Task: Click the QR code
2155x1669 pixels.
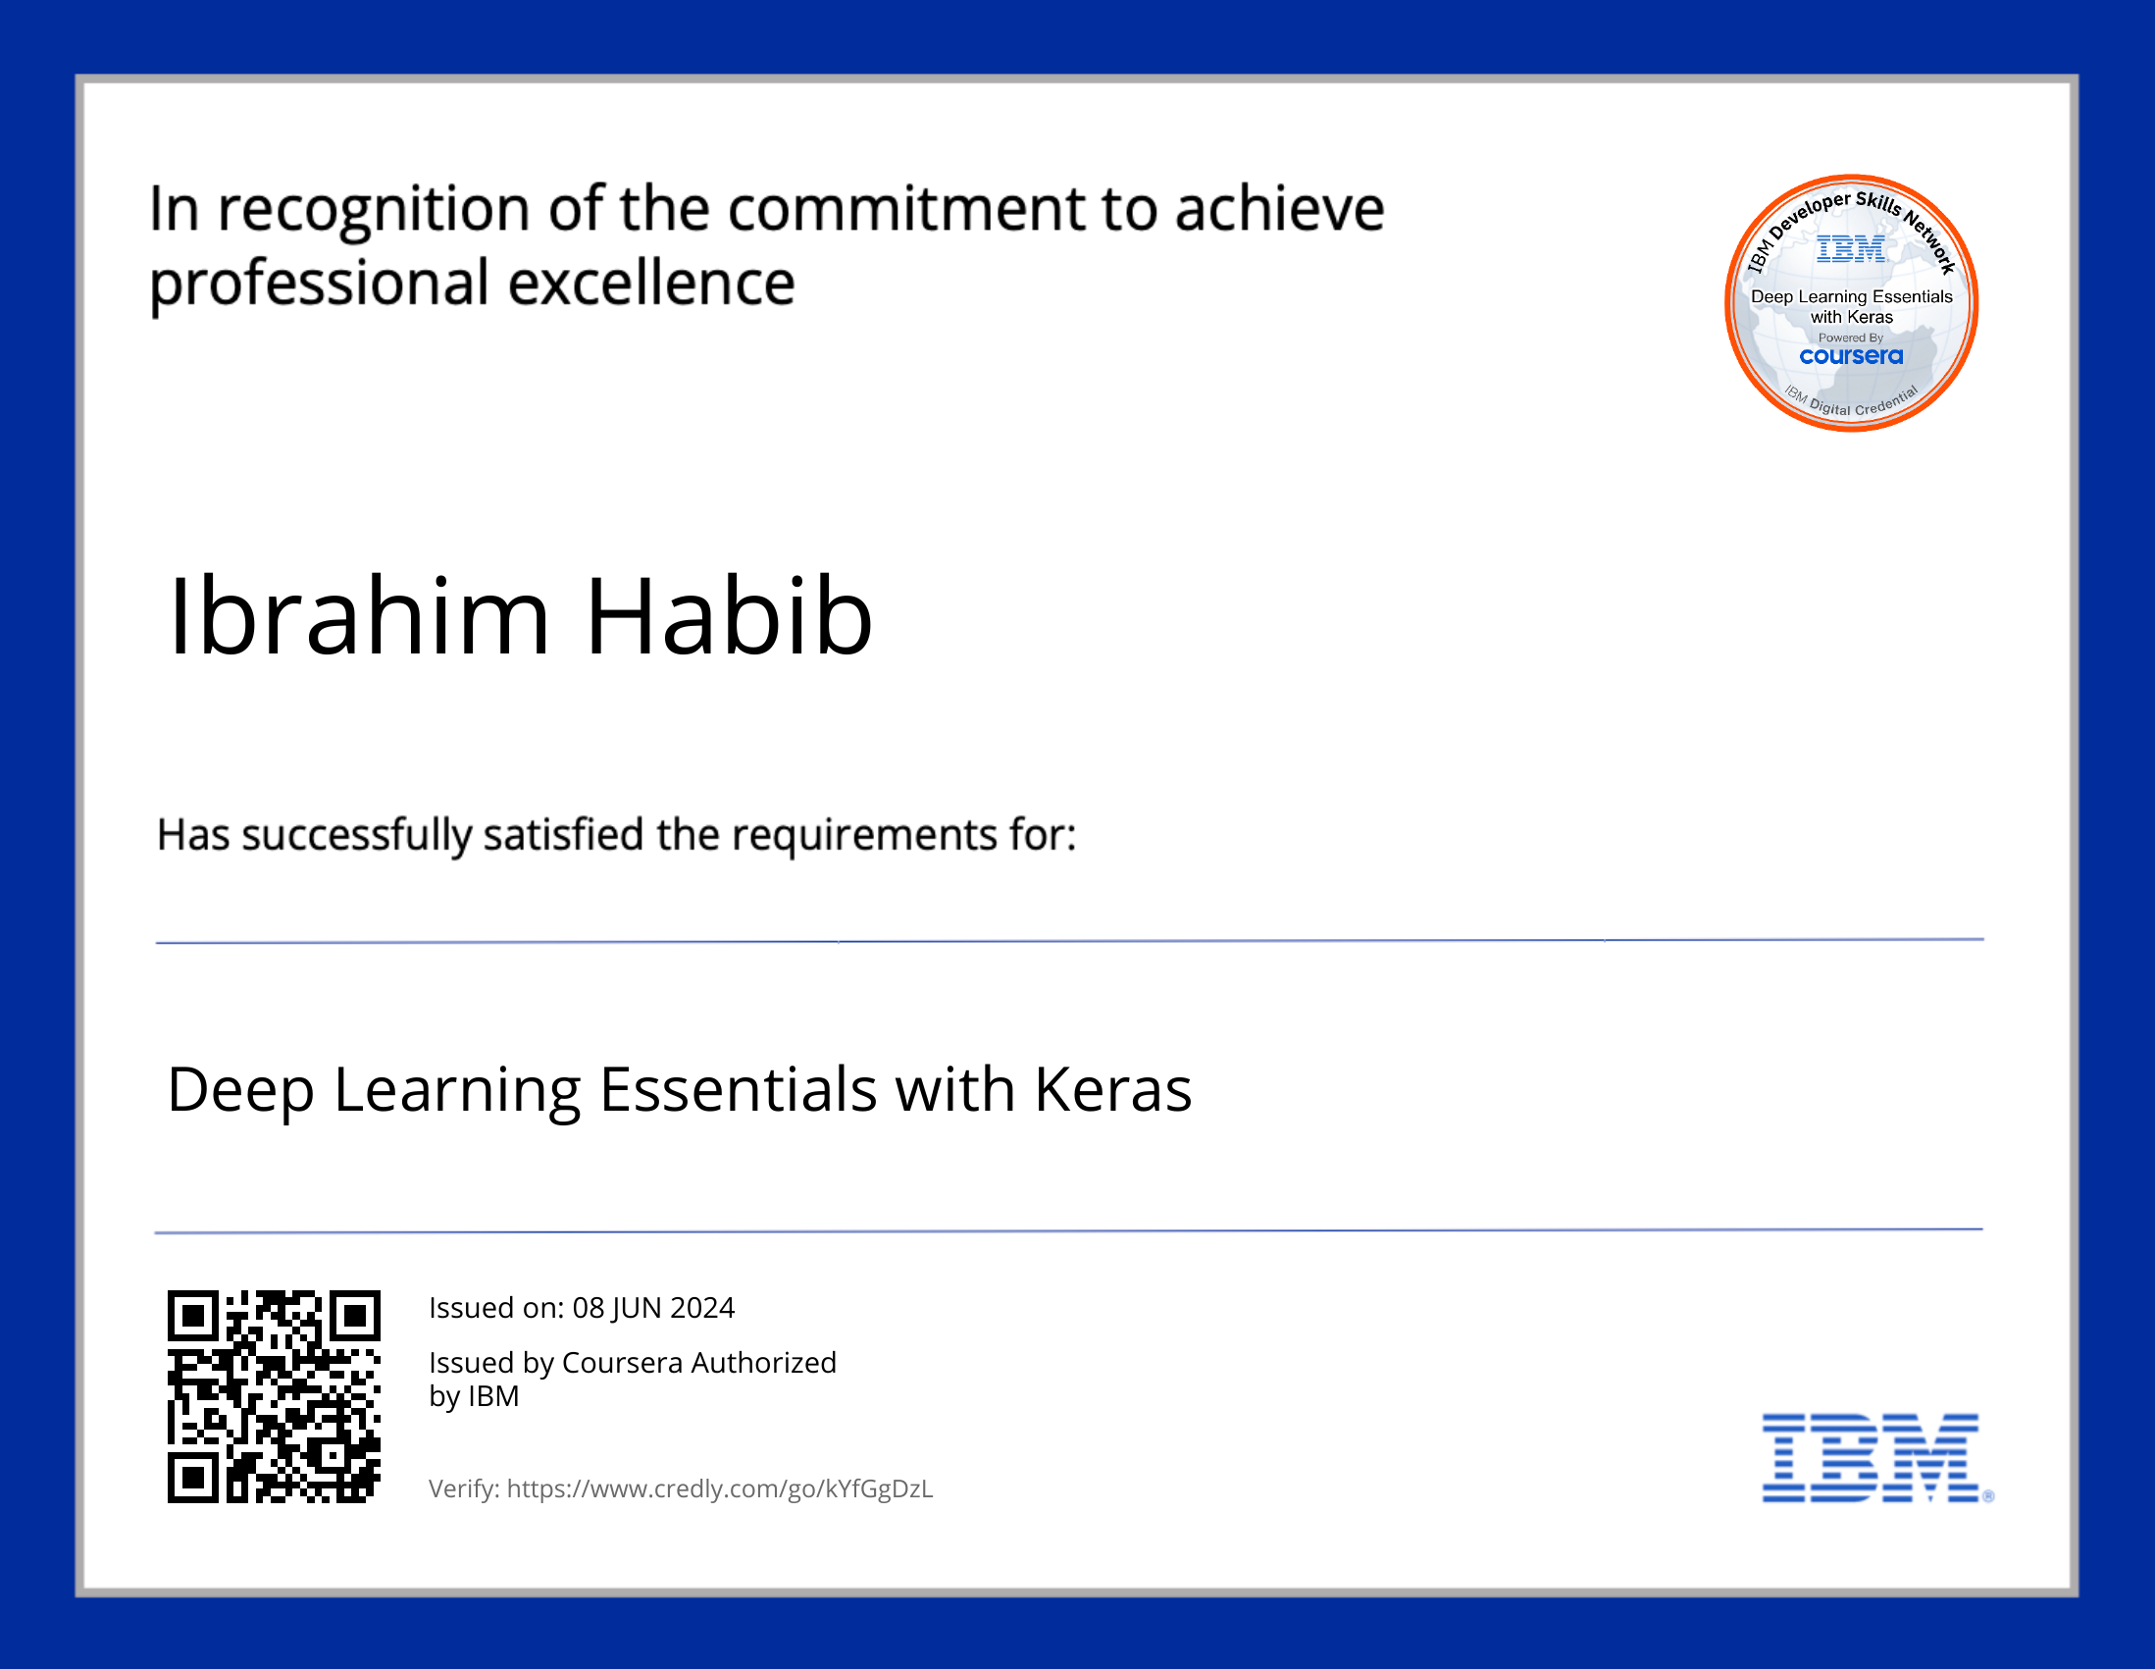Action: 274,1396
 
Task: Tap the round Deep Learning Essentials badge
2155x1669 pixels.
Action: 1851,303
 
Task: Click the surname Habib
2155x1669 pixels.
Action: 730,616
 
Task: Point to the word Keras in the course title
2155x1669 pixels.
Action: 1113,1090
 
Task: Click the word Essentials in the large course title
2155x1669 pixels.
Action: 738,1090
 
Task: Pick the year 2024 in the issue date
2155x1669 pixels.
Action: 702,1308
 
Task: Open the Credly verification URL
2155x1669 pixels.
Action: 720,1488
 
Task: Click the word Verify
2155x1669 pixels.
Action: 464,1488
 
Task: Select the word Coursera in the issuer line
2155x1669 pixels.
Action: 623,1363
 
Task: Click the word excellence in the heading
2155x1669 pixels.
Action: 651,284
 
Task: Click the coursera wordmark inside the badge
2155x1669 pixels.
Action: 1851,356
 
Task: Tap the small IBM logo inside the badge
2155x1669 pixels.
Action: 1851,248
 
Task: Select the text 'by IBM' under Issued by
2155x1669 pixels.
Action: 474,1397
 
